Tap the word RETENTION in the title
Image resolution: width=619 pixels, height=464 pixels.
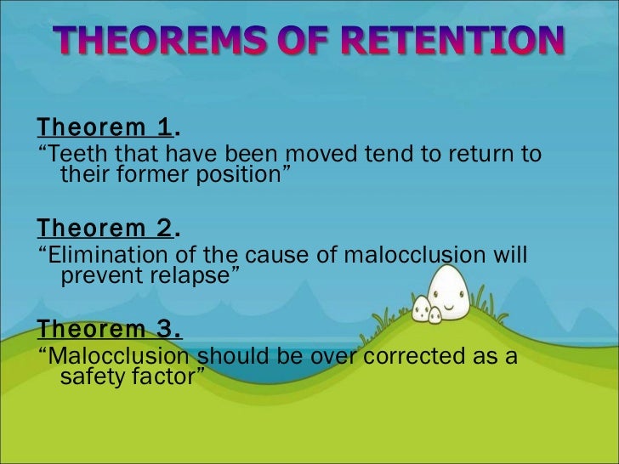[x=450, y=42]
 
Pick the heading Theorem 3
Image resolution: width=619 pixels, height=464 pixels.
[x=108, y=329]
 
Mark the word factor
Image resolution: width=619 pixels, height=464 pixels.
[x=165, y=376]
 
